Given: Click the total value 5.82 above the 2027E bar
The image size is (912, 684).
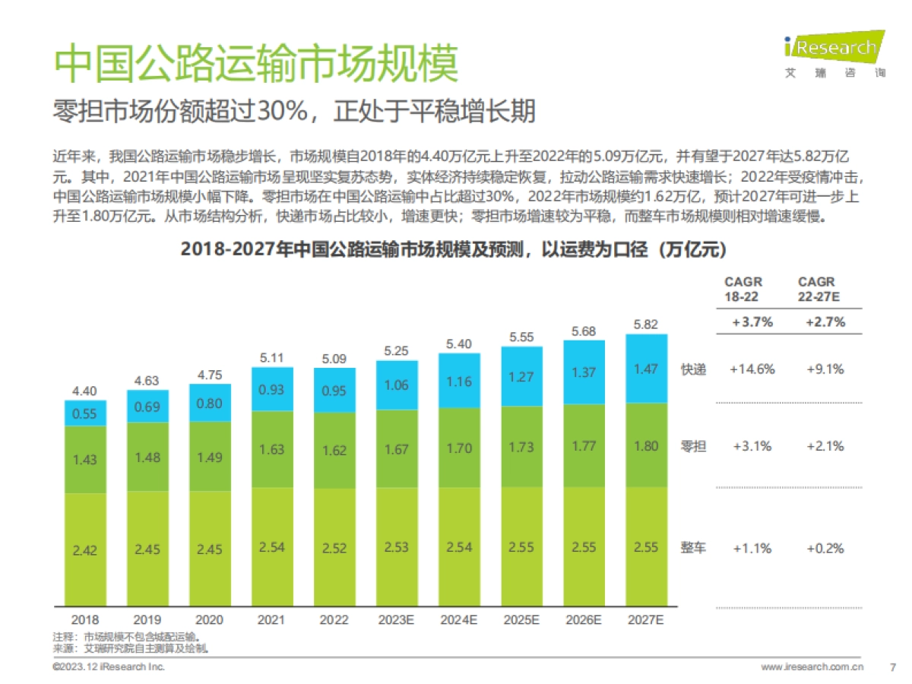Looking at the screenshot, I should pos(645,325).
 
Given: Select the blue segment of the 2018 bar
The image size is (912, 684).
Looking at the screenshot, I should pos(84,414).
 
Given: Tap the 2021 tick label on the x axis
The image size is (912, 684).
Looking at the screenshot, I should pos(271,620).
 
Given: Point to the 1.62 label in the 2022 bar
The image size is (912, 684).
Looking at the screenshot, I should pos(334,450).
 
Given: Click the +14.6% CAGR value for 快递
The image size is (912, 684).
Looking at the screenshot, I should pos(752,369).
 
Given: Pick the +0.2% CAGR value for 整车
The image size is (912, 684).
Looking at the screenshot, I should pos(825,548).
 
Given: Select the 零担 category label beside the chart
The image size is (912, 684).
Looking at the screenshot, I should pos(693,446).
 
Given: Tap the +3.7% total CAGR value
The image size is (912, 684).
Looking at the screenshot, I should pos(752,322).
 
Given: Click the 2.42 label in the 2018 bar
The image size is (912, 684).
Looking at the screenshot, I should pos(84,550).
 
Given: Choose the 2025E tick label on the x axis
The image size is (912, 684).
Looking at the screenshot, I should pos(521,620).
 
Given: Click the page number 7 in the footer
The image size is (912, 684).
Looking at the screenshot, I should pos(892,667).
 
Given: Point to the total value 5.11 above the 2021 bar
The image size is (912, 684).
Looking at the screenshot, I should pos(271,357).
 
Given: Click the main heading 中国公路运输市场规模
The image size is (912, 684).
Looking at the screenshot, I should pos(255,64).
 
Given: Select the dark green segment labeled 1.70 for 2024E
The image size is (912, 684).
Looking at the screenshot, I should pos(458,448).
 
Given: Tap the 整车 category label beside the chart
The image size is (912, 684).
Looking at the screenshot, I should pos(693,548).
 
